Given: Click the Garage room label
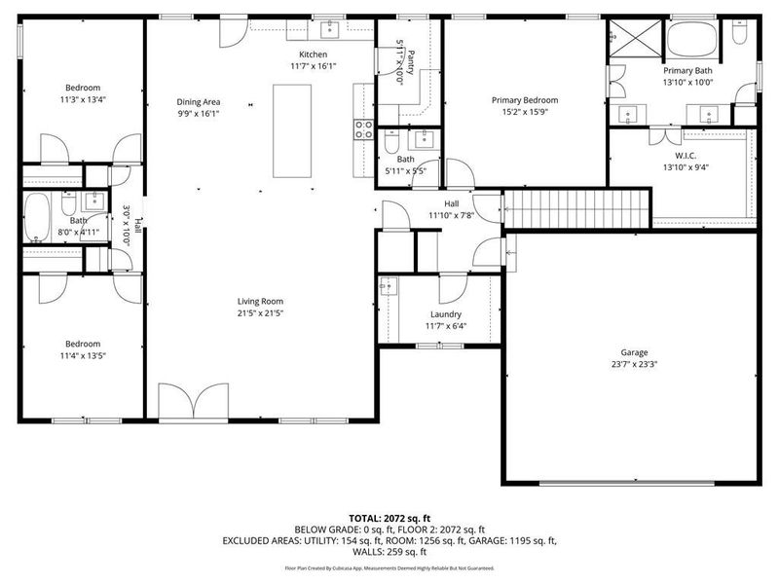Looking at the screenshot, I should (634, 352).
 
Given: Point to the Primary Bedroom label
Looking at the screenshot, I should (524, 100).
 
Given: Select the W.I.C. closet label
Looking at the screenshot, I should (685, 155).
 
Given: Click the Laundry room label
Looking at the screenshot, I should (445, 314).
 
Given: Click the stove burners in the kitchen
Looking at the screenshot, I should (363, 130).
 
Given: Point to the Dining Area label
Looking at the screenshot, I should (198, 101).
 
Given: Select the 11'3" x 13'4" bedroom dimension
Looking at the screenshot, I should (83, 98).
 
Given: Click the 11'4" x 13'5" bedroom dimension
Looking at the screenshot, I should (83, 356).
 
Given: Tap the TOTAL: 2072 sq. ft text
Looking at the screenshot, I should (389, 518).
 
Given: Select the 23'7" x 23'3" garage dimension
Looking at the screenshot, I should (634, 365).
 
